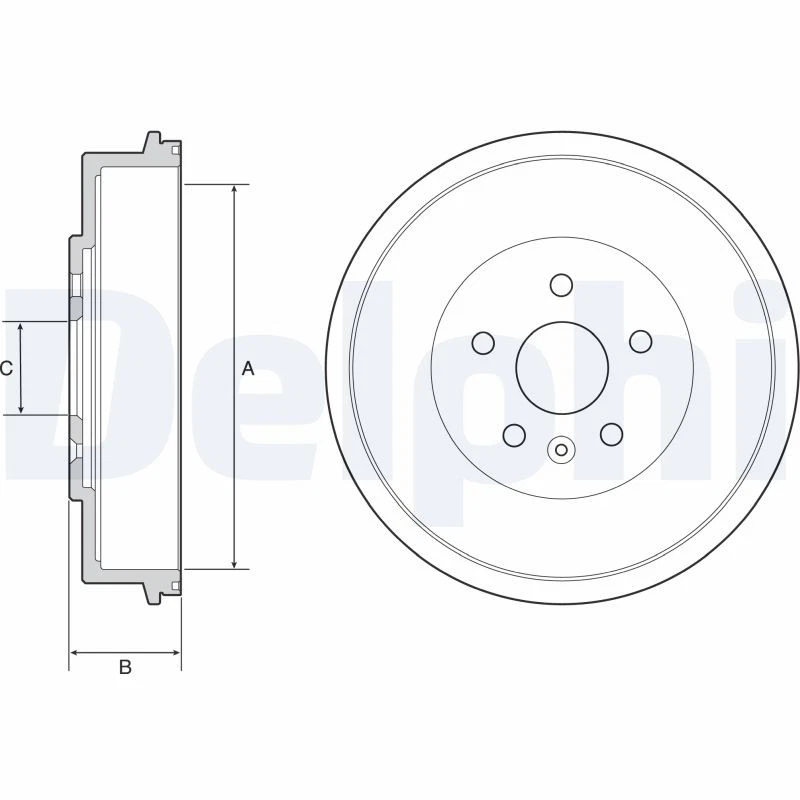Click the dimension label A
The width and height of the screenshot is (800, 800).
[x=248, y=369]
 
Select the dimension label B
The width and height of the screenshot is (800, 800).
[x=125, y=667]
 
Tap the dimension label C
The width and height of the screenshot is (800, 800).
[x=6, y=369]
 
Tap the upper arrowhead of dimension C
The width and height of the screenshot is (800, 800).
[x=22, y=328]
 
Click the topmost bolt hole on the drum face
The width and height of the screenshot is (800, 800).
[x=561, y=285]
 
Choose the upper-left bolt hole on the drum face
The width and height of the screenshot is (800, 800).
[x=484, y=343]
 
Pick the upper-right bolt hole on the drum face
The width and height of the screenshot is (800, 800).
[x=640, y=342]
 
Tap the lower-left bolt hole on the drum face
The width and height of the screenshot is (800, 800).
[x=514, y=435]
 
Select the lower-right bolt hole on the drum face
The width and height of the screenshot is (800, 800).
[x=610, y=434]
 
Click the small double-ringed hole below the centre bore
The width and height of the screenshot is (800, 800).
[x=561, y=450]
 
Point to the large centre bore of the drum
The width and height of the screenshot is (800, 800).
[x=561, y=366]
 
